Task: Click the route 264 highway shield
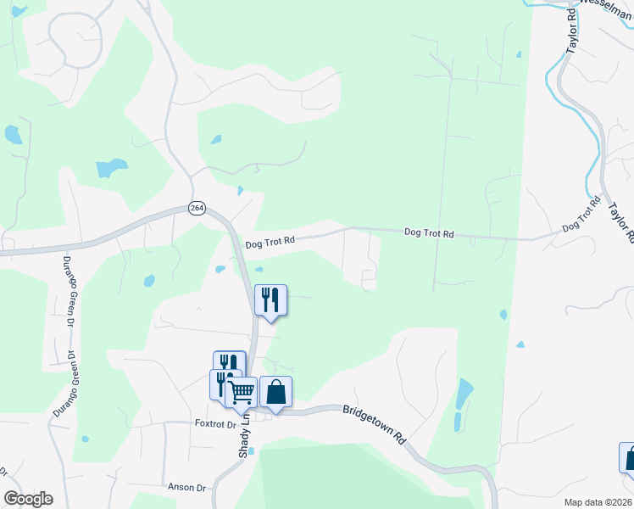click(x=197, y=210)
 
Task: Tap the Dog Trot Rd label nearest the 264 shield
click(x=270, y=243)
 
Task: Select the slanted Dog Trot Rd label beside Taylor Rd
click(x=581, y=216)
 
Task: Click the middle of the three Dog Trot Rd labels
click(x=429, y=232)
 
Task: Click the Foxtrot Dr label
click(x=214, y=423)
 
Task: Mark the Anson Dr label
click(x=187, y=488)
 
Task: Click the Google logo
click(x=29, y=499)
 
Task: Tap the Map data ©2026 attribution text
click(x=598, y=502)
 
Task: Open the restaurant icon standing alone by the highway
click(x=271, y=299)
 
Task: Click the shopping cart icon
click(x=242, y=391)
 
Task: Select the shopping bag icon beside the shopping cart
click(x=275, y=391)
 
